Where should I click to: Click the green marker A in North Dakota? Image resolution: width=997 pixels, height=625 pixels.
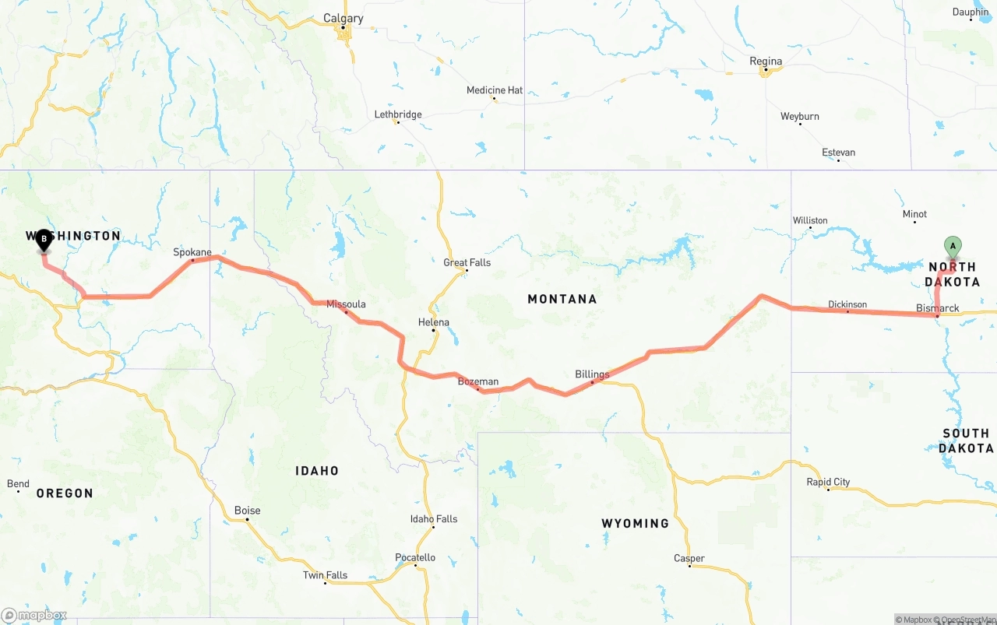pyautogui.click(x=952, y=246)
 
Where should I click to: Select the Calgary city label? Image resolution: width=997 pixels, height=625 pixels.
pyautogui.click(x=343, y=19)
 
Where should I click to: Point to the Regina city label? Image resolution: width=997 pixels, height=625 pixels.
pyautogui.click(x=766, y=61)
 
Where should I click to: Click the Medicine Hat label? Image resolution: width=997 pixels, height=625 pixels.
pyautogui.click(x=495, y=90)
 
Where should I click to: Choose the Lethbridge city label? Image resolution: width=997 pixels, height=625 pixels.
pyautogui.click(x=398, y=114)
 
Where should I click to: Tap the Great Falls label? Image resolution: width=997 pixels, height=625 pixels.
pyautogui.click(x=467, y=262)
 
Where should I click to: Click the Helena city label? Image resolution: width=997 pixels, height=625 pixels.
pyautogui.click(x=434, y=322)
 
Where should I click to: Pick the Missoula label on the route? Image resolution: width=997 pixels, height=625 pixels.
pyautogui.click(x=346, y=304)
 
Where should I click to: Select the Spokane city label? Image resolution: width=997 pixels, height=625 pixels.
pyautogui.click(x=192, y=252)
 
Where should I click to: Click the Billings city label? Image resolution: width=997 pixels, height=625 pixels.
pyautogui.click(x=592, y=374)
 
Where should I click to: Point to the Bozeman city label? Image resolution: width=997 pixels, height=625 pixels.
pyautogui.click(x=477, y=381)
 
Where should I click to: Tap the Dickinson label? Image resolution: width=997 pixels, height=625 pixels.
pyautogui.click(x=847, y=304)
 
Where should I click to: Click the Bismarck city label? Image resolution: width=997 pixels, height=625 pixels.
pyautogui.click(x=938, y=308)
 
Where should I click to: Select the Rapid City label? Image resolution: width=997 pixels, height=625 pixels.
pyautogui.click(x=828, y=482)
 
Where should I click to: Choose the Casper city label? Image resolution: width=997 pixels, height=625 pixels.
pyautogui.click(x=689, y=558)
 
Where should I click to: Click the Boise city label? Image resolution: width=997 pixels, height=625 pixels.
pyautogui.click(x=248, y=511)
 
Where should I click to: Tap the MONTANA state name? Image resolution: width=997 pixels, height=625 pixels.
pyautogui.click(x=562, y=299)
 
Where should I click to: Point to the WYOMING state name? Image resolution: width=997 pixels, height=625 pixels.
pyautogui.click(x=635, y=523)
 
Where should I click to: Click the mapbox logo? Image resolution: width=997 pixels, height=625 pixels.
pyautogui.click(x=34, y=616)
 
